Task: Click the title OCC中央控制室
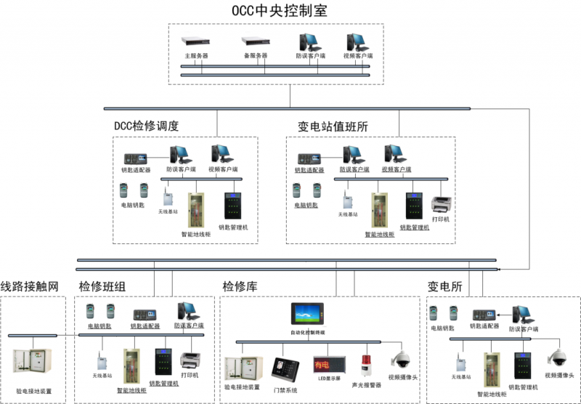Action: click(289, 10)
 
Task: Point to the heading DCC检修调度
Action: click(146, 126)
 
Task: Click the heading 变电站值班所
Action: click(333, 126)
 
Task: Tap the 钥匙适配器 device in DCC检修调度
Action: click(136, 158)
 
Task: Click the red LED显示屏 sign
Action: click(321, 362)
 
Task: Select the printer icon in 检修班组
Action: click(190, 359)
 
